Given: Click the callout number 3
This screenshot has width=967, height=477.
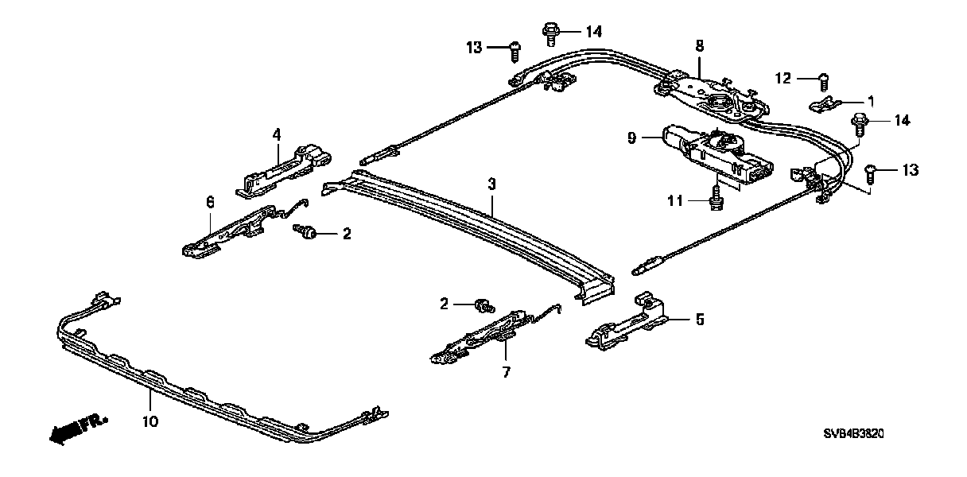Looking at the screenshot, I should (x=491, y=184).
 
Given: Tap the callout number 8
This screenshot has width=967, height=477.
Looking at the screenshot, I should (x=699, y=46).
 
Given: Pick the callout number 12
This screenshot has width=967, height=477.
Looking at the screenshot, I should (x=784, y=78).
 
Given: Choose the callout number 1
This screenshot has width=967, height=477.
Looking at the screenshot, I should (x=871, y=101).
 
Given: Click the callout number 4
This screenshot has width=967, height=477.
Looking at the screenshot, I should (x=276, y=135).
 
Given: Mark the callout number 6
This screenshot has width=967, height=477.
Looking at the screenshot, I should (x=210, y=203).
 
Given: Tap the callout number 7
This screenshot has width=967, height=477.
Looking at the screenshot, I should (x=504, y=370).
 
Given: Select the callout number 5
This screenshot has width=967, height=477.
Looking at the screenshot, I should (x=700, y=320).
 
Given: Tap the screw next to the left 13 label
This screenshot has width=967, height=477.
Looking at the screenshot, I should (x=515, y=49).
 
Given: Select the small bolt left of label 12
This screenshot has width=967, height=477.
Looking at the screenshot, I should (x=825, y=79).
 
